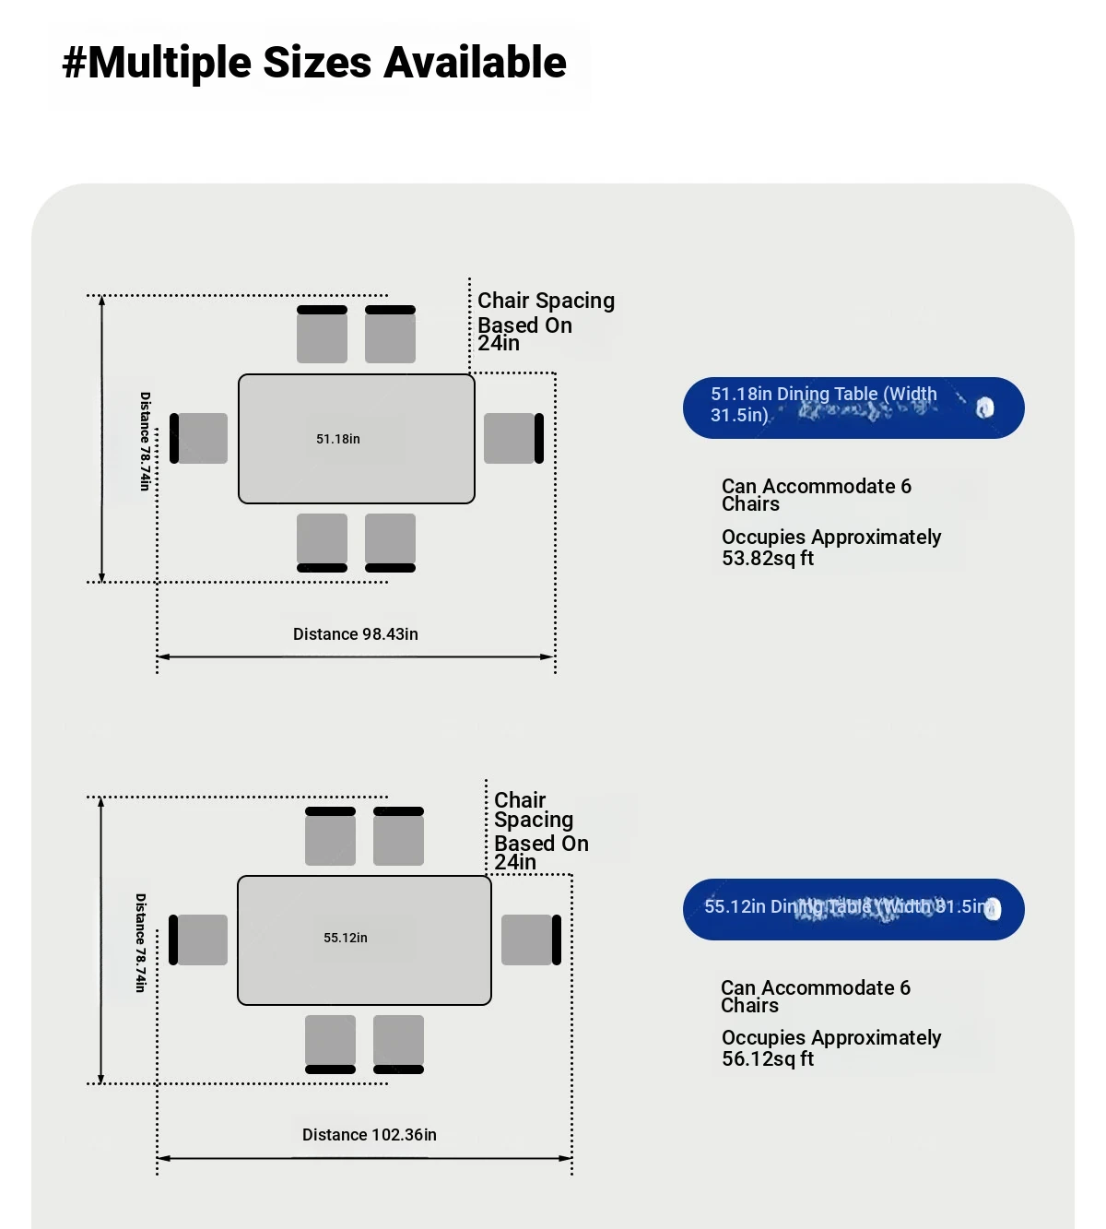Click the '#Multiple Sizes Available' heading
point(314,63)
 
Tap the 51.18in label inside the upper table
point(338,439)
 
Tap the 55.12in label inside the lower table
point(346,938)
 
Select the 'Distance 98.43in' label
point(356,634)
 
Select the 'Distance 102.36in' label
point(370,1135)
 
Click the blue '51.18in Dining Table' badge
point(853,408)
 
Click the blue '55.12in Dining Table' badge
point(853,909)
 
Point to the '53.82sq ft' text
point(768,559)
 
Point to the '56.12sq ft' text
point(768,1059)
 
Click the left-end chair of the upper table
point(199,438)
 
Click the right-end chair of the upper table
point(512,438)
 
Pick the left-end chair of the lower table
point(199,939)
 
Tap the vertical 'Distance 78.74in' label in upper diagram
point(145,441)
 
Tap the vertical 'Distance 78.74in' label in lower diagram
point(140,942)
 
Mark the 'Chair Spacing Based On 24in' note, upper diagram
point(545,322)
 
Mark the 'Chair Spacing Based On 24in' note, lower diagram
point(540,831)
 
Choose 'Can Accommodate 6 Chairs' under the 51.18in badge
point(816,495)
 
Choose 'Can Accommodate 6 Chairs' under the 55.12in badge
point(815,997)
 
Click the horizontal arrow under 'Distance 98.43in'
point(356,657)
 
